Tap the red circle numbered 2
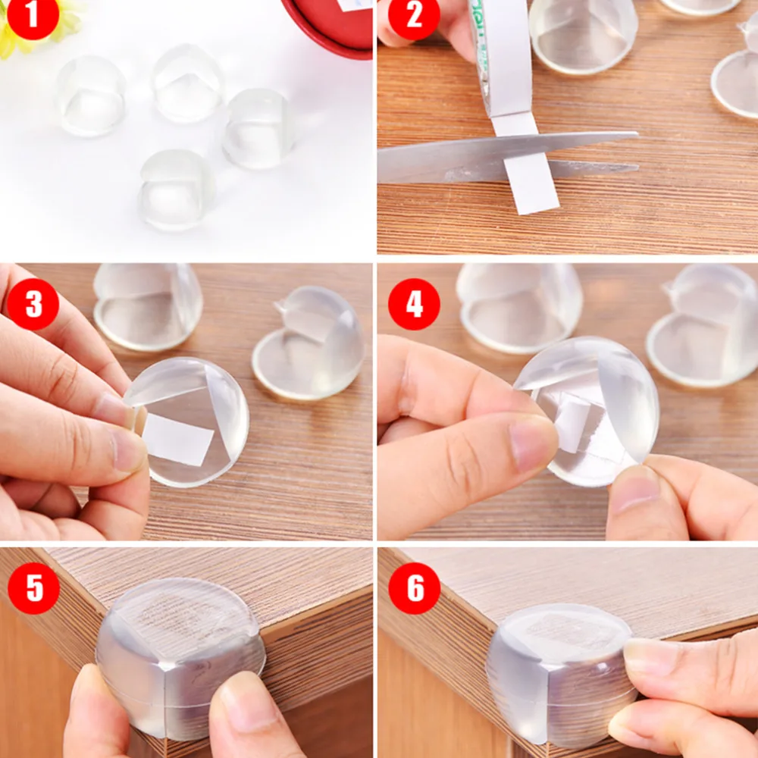pyautogui.click(x=414, y=16)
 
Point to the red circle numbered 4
pyautogui.click(x=414, y=304)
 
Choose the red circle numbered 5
pyautogui.click(x=33, y=588)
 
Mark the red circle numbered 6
pyautogui.click(x=414, y=588)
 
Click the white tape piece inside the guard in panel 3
pyautogui.click(x=178, y=440)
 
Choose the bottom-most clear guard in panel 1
pyautogui.click(x=176, y=189)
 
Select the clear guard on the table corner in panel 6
pyautogui.click(x=557, y=671)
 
